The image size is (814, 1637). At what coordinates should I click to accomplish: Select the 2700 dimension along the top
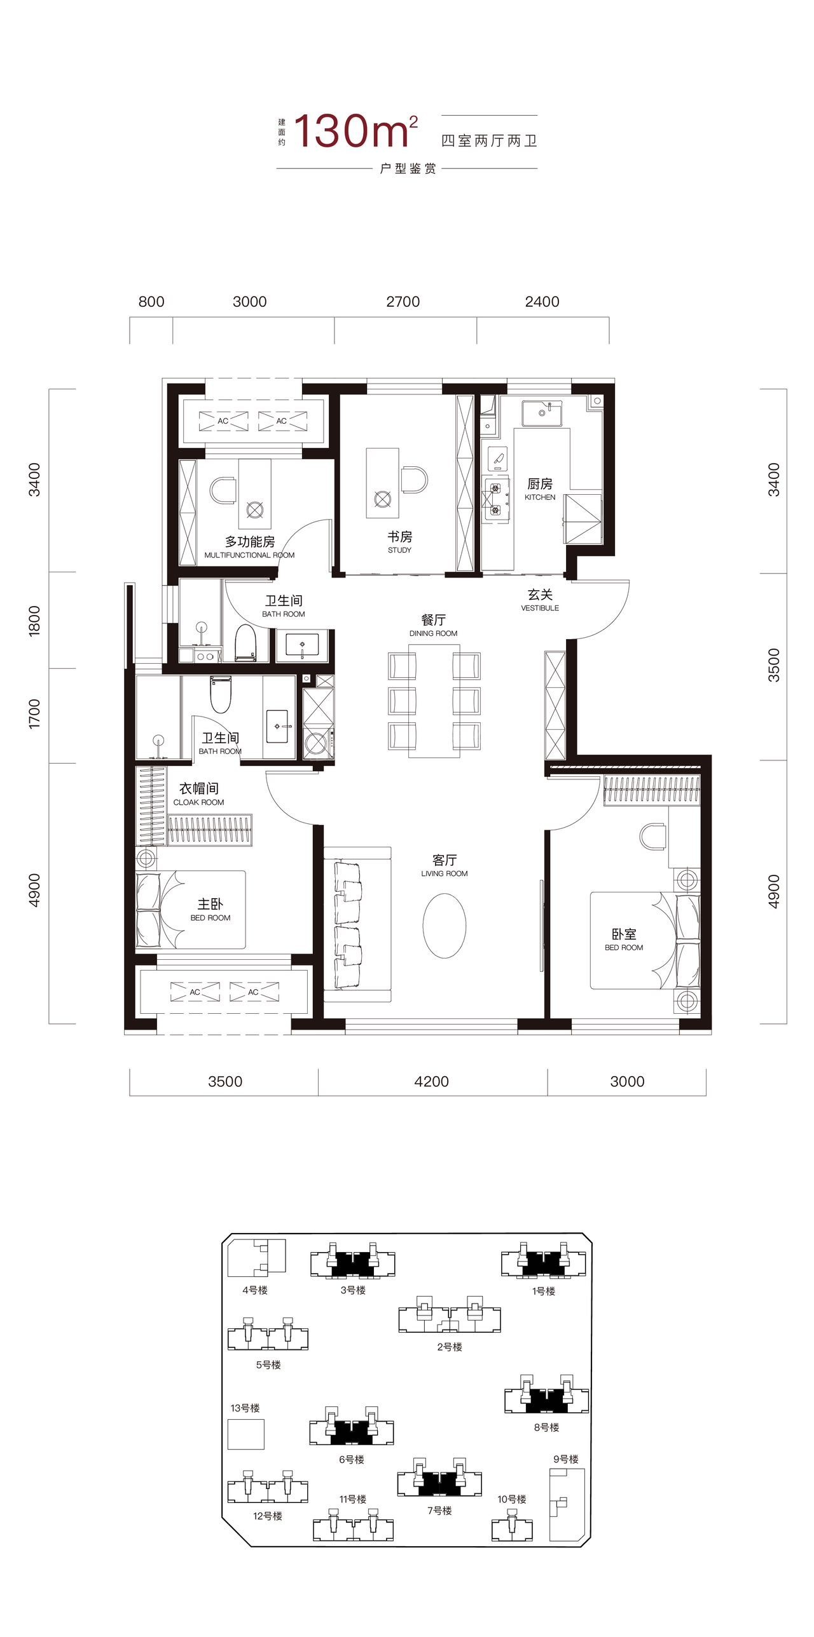403,301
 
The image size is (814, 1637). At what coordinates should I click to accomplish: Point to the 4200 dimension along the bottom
431,1081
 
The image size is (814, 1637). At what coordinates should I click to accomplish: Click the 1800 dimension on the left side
34,620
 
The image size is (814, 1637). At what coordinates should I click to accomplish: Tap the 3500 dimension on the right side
773,664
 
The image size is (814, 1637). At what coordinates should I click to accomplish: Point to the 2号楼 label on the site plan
449,1347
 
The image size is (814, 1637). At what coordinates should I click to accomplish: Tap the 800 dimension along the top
151,301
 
